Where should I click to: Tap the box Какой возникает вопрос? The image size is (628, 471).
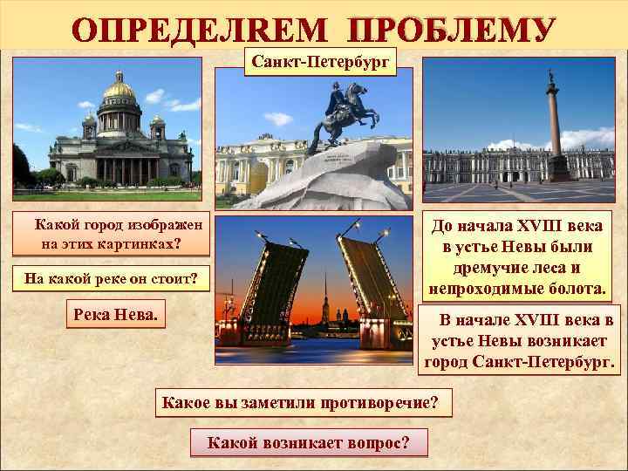tap(308, 442)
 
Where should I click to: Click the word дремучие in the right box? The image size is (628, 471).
tap(491, 268)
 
